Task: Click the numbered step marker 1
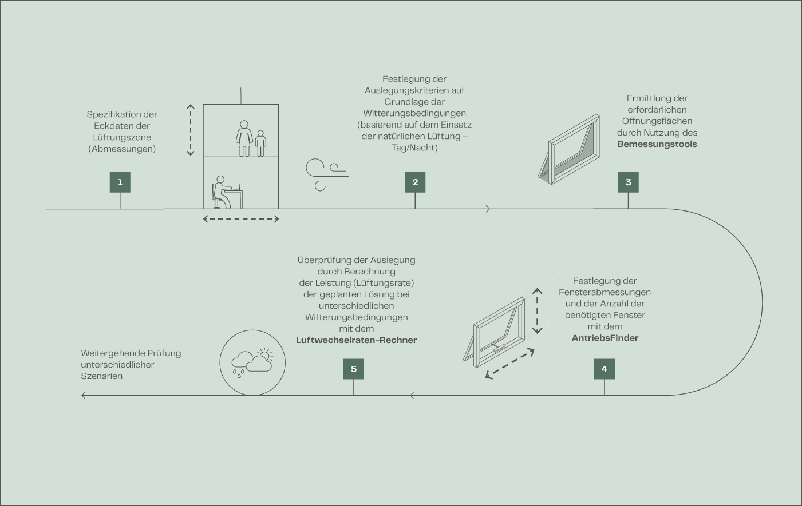(120, 182)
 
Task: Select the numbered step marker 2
(415, 182)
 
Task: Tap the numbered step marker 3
(628, 182)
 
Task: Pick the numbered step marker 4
(605, 369)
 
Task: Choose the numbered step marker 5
(354, 369)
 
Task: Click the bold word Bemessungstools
(657, 144)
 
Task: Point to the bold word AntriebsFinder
(605, 338)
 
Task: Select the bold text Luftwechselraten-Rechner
(356, 340)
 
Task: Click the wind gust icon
(327, 175)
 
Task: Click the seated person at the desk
(221, 192)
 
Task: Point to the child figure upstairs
(261, 143)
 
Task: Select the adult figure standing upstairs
(244, 138)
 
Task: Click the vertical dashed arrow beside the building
(191, 130)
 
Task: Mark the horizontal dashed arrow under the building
(241, 219)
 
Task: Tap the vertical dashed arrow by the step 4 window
(537, 311)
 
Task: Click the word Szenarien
(102, 376)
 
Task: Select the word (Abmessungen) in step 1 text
(122, 149)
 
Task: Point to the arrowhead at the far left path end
(84, 395)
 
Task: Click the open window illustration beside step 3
(570, 150)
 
